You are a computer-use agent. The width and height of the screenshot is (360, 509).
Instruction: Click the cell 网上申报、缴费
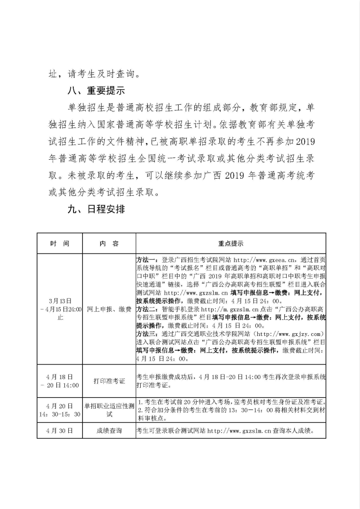[x=109, y=309]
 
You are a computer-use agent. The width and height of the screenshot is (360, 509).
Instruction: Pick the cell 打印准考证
[x=109, y=381]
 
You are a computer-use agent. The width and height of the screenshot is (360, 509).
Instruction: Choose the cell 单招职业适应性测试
[x=109, y=410]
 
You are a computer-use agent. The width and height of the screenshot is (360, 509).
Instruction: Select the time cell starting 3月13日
[x=60, y=309]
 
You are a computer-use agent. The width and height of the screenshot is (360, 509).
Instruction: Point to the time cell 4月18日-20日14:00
[x=60, y=381]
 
